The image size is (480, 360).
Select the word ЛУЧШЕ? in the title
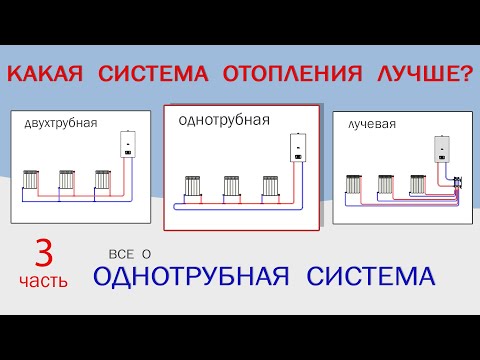[423, 75]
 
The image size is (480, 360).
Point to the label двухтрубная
[60, 124]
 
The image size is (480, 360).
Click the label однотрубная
[210, 120]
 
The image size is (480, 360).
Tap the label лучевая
[372, 125]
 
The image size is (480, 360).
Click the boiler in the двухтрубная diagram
[128, 146]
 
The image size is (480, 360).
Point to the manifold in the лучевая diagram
[457, 183]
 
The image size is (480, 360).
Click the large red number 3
[42, 250]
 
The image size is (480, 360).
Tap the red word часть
[42, 281]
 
